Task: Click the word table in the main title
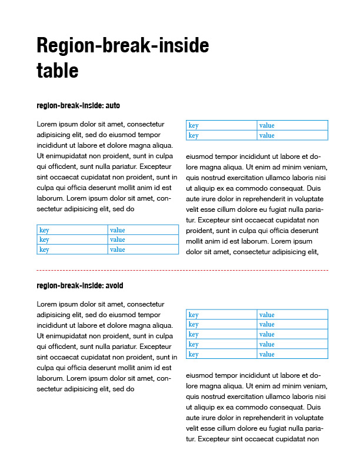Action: point(57,71)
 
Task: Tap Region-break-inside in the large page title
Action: point(122,45)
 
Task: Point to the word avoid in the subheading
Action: point(114,286)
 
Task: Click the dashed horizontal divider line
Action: point(182,270)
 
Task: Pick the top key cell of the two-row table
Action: point(221,125)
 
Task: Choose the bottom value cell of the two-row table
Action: point(292,135)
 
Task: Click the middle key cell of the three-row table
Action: point(72,239)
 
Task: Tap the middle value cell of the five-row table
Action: point(292,334)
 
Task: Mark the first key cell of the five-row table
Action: point(221,315)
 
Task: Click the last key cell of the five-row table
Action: point(221,354)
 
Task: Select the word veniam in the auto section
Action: point(312,168)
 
